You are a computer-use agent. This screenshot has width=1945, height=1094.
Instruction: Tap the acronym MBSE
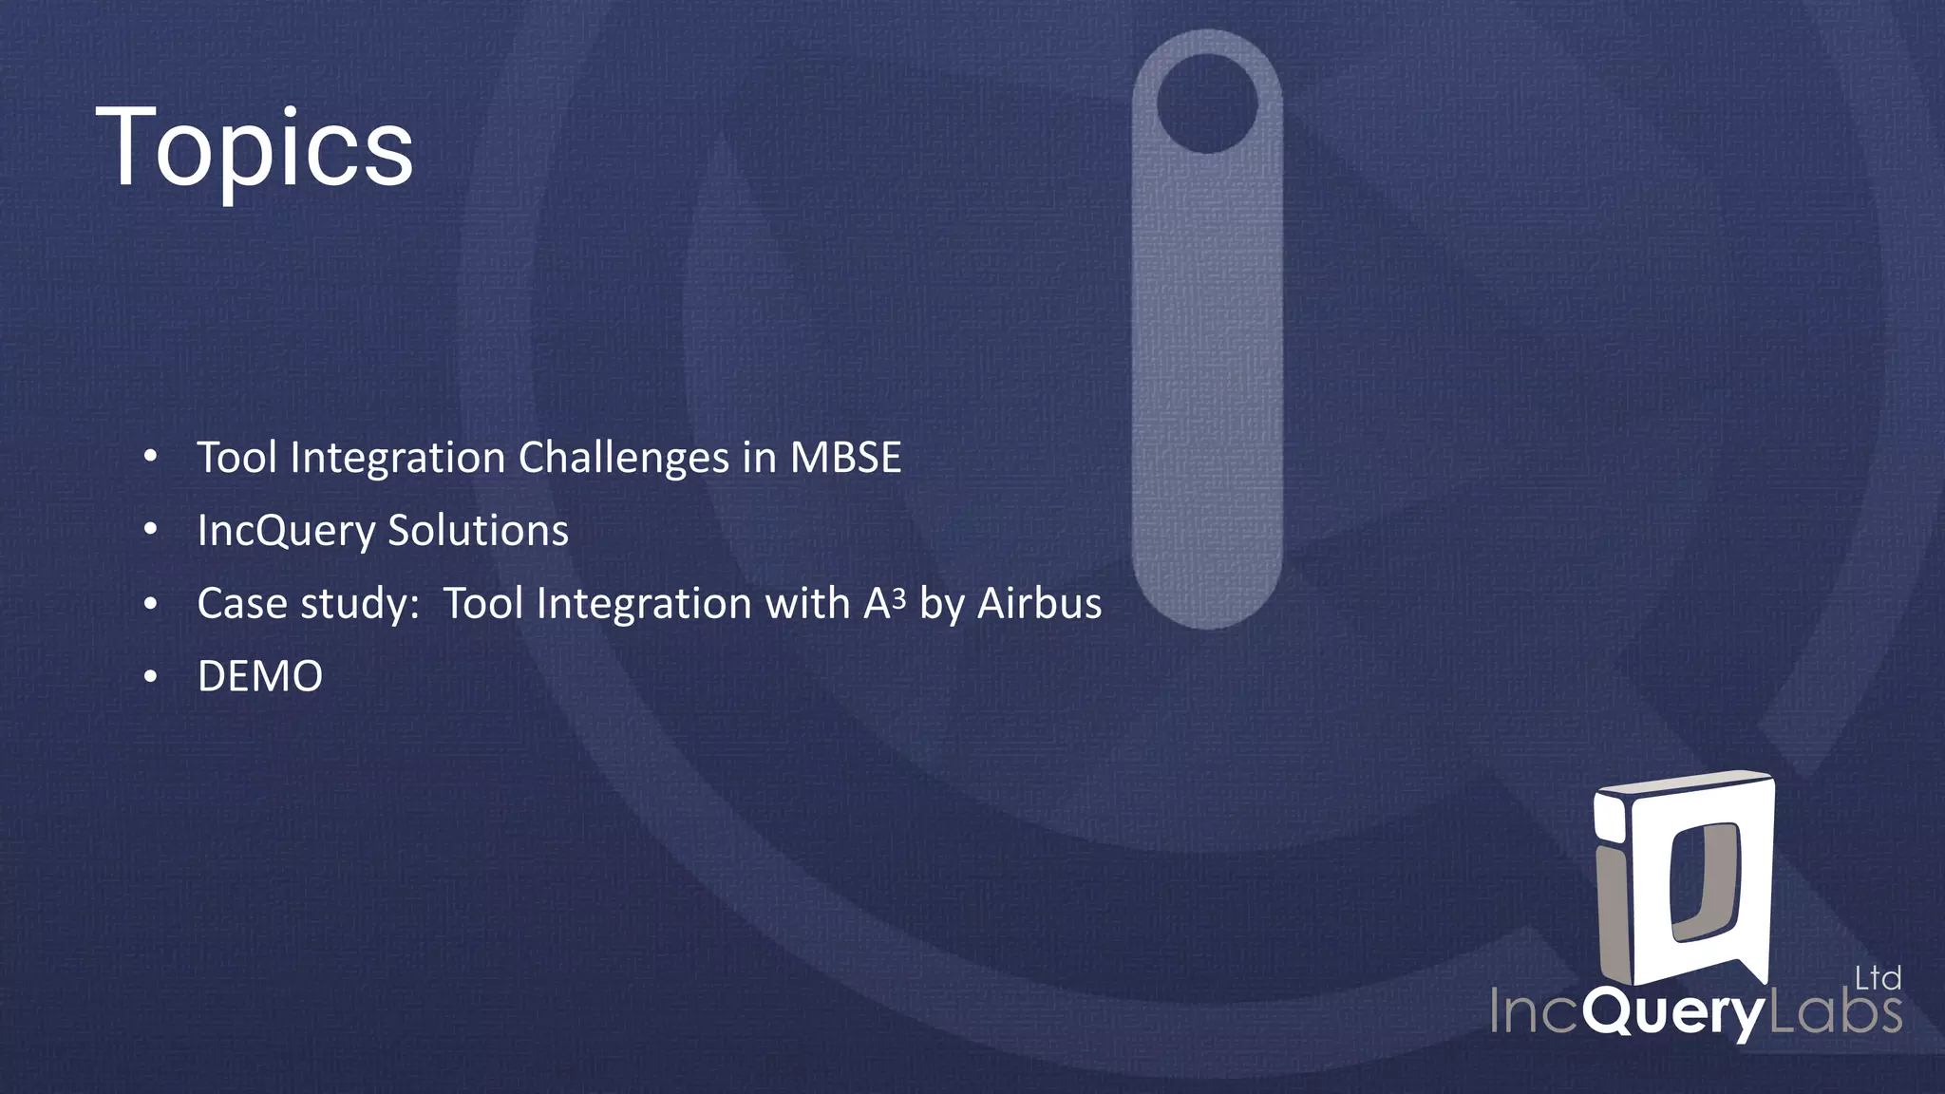pos(845,458)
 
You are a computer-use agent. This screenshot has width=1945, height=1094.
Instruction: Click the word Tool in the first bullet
pos(236,458)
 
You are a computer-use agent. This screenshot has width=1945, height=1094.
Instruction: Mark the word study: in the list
pos(361,604)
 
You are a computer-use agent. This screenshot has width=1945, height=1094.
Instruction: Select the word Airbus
pos(1040,604)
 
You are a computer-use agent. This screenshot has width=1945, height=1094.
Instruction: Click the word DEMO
pos(260,677)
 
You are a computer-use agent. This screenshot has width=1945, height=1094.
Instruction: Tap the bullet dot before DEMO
pos(150,677)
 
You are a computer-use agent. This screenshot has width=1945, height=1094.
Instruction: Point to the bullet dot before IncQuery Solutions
pos(150,531)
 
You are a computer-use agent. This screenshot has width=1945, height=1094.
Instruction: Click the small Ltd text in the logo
pos(1878,978)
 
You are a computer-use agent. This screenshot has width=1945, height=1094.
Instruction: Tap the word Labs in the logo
pos(1836,1012)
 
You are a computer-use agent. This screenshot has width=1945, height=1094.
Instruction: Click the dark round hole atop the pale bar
pos(1207,103)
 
